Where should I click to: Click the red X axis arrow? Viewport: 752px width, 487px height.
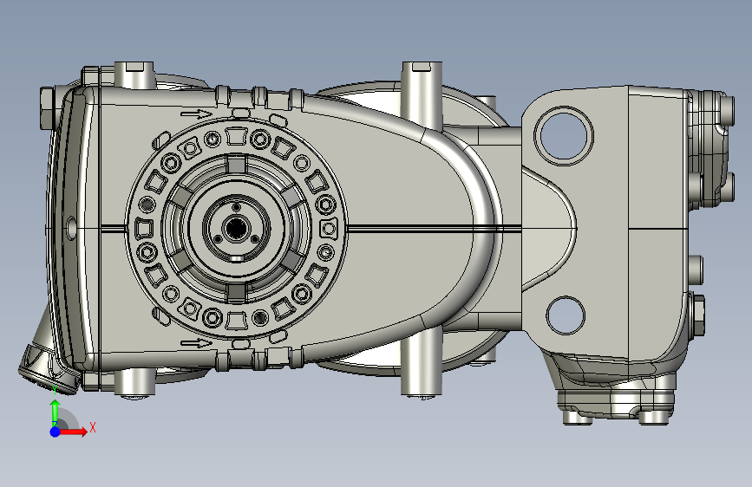coord(72,432)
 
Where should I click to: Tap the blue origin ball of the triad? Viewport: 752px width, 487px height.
coord(56,432)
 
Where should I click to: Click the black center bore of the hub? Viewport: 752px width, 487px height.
coord(235,228)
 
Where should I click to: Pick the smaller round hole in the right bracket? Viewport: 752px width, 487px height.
coord(566,315)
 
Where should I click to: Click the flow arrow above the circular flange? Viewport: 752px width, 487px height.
coord(196,114)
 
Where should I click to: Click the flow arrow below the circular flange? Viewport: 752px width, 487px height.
coord(196,343)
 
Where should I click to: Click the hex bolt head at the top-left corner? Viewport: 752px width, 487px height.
coord(49,107)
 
